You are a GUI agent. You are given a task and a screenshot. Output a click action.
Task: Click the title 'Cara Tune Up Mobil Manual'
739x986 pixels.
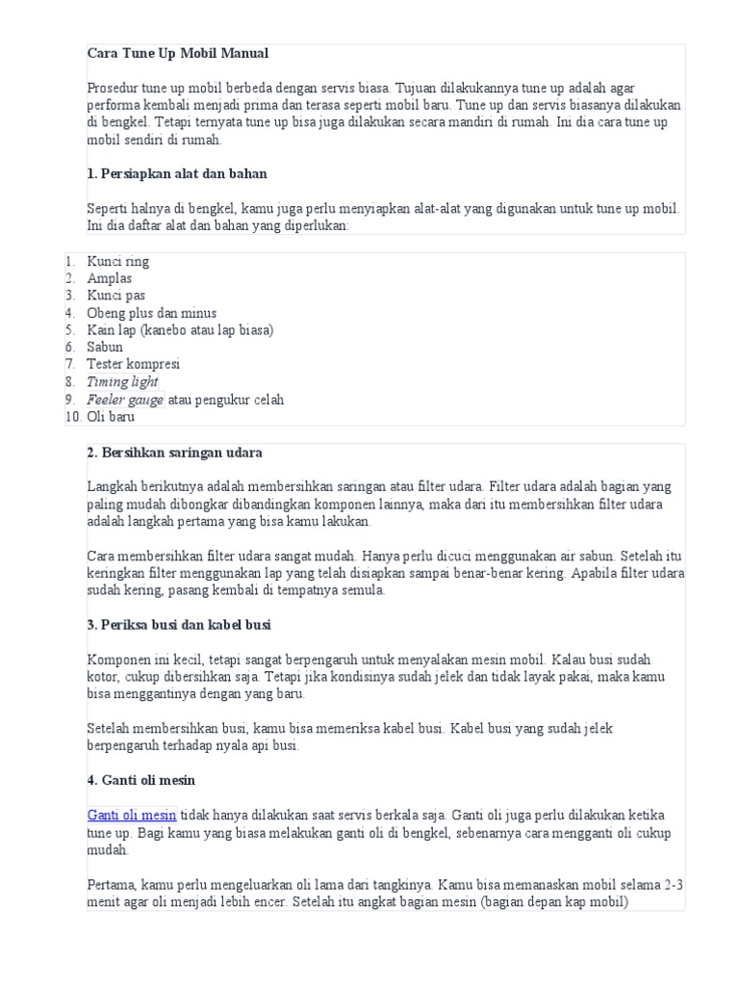pyautogui.click(x=178, y=53)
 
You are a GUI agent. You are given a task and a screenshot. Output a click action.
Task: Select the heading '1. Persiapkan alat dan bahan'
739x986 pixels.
pyautogui.click(x=177, y=174)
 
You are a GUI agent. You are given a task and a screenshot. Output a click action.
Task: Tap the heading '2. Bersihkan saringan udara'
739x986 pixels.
pyautogui.click(x=174, y=453)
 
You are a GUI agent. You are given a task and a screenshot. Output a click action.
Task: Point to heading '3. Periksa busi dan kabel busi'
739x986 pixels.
pyautogui.click(x=179, y=625)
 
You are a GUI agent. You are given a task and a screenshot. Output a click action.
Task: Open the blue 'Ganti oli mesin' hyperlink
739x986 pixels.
pyautogui.click(x=132, y=816)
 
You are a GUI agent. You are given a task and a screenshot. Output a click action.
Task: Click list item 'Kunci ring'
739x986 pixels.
pyautogui.click(x=117, y=262)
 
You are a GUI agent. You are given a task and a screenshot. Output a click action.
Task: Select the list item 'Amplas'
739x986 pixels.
pyautogui.click(x=110, y=279)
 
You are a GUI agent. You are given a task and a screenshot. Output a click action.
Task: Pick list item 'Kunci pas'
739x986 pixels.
pyautogui.click(x=116, y=296)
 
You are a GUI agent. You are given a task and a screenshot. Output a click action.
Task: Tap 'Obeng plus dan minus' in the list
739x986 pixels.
pyautogui.click(x=151, y=313)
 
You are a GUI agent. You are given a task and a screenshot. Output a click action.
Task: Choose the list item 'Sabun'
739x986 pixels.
pyautogui.click(x=105, y=348)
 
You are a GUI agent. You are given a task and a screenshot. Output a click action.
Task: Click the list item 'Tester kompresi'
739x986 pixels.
pyautogui.click(x=133, y=365)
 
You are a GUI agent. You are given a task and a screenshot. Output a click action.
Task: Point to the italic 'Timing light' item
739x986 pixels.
pyautogui.click(x=122, y=382)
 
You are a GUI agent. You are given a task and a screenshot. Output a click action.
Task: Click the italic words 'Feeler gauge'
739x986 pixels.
pyautogui.click(x=125, y=400)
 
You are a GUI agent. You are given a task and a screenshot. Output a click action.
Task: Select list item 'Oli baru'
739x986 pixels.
pyautogui.click(x=111, y=417)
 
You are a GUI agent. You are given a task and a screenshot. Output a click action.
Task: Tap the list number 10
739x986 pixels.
pyautogui.click(x=73, y=417)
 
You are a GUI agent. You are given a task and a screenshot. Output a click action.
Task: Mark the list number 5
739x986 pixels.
pyautogui.click(x=70, y=330)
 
